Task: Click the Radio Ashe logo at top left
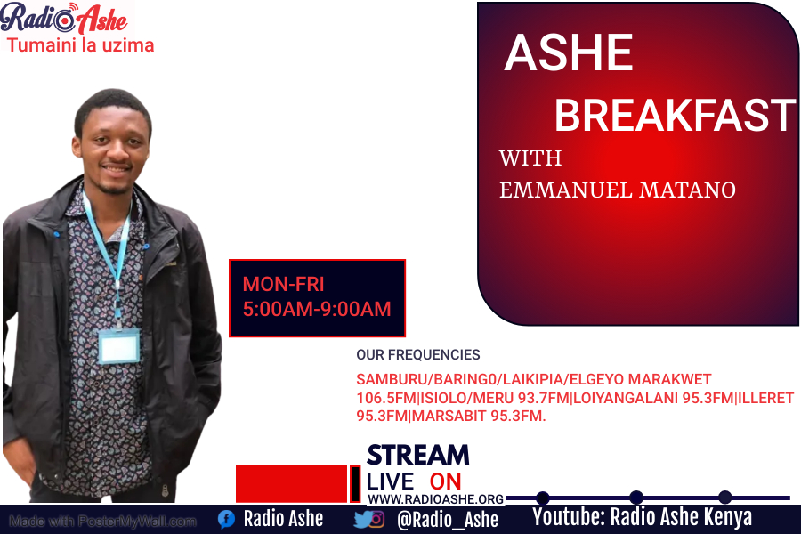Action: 64,18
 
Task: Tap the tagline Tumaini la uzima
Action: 81,44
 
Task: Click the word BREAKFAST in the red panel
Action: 675,116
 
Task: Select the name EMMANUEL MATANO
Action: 618,190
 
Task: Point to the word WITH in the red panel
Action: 530,158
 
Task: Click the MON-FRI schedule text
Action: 283,285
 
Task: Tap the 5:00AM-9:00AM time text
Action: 317,310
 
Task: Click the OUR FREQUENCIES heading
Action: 417,354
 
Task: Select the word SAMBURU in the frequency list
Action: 391,379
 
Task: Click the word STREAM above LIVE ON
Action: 417,455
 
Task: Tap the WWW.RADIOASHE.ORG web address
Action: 435,499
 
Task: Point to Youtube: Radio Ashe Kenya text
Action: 642,517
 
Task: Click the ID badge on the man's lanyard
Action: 118,346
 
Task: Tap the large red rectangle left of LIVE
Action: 291,483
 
